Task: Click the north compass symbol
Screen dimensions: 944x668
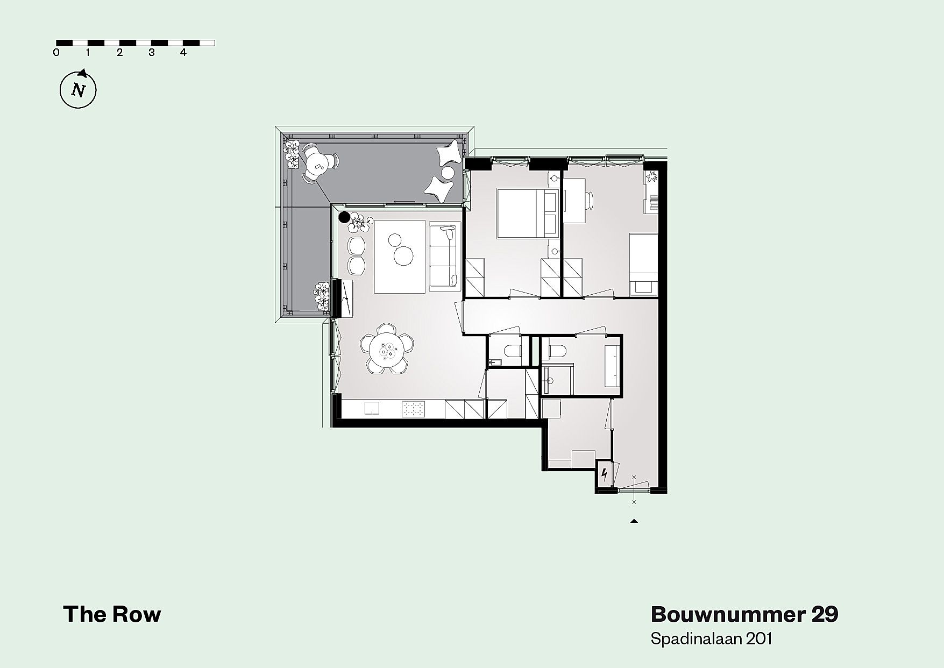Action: [x=78, y=89]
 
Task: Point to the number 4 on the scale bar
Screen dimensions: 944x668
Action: [x=183, y=53]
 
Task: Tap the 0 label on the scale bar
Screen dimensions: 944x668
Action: [x=56, y=53]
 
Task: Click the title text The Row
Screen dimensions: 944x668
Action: [x=112, y=614]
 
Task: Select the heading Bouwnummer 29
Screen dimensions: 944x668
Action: [x=744, y=614]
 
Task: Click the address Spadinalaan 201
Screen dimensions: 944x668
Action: [x=712, y=639]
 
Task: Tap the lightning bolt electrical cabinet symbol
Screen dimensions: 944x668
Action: [x=605, y=474]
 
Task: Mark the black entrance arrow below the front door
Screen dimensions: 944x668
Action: [x=634, y=521]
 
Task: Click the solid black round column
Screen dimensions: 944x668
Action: [x=344, y=218]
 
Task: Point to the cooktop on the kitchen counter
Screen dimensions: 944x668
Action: [x=413, y=410]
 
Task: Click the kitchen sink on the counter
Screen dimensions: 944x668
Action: [x=372, y=409]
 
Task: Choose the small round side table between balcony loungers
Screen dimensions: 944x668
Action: [x=448, y=173]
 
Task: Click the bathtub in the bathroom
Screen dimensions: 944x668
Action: [x=612, y=366]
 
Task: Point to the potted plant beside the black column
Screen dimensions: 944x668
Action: [x=360, y=222]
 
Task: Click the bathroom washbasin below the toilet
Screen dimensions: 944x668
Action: [x=550, y=381]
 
